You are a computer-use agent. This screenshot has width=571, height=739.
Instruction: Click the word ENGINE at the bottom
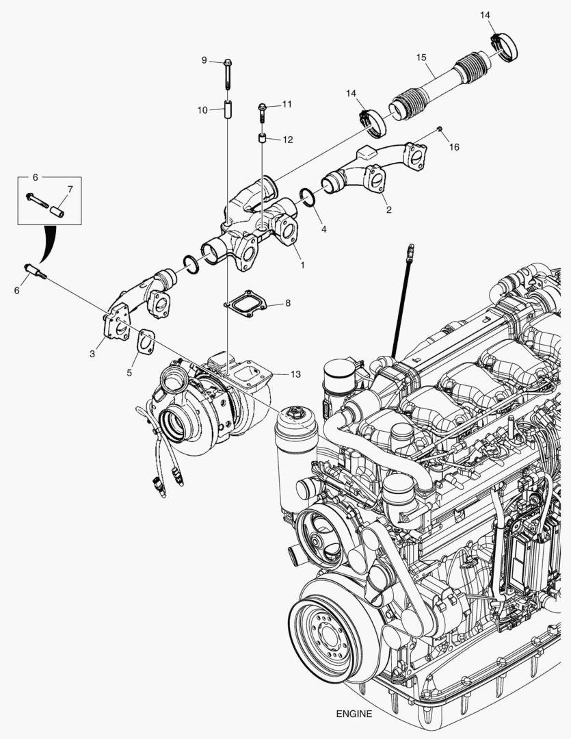point(354,714)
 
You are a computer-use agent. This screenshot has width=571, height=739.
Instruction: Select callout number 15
point(421,57)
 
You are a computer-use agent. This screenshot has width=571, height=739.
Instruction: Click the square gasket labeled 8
point(244,304)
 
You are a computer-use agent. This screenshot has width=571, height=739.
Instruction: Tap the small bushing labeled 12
point(261,140)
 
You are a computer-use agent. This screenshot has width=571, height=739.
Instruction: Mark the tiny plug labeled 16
point(440,129)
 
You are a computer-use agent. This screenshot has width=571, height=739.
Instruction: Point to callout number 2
point(388,209)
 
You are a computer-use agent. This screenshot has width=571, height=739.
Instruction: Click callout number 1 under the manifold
point(302,263)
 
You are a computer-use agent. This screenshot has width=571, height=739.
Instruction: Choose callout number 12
point(287,140)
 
